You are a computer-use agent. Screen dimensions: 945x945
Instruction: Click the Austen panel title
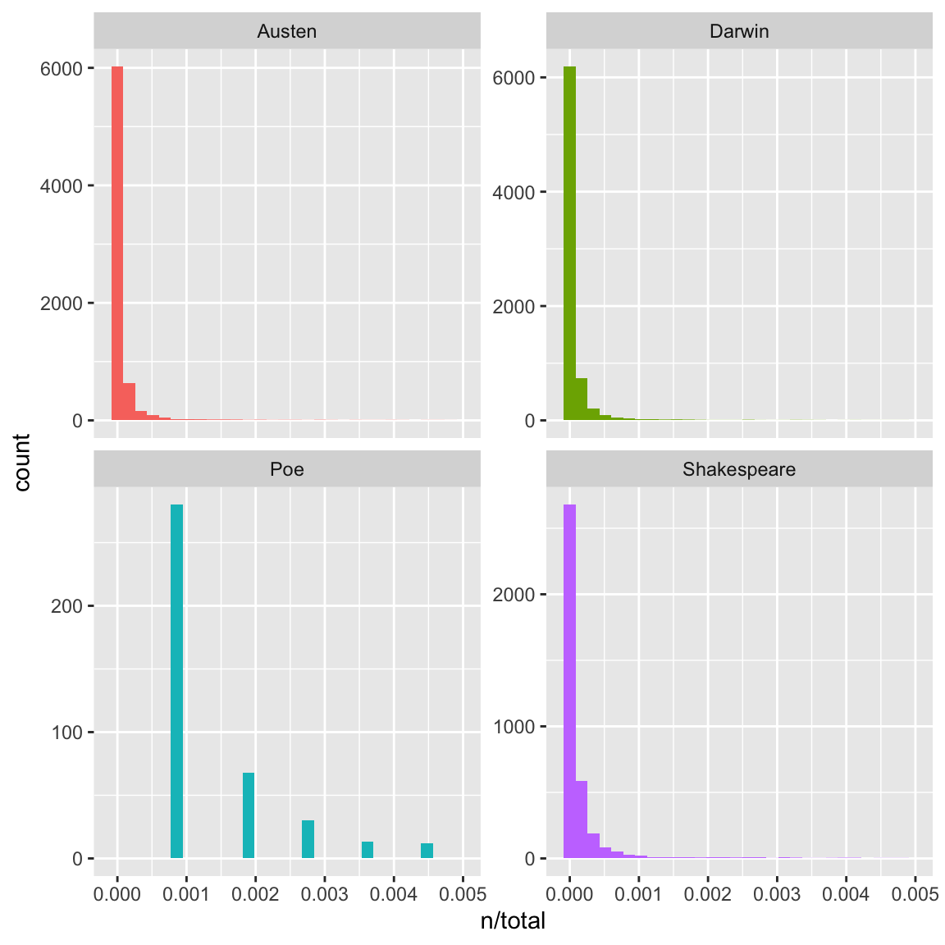[x=286, y=32]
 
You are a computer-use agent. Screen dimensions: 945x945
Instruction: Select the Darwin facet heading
[x=739, y=32]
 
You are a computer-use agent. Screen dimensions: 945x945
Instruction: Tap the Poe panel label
[x=286, y=470]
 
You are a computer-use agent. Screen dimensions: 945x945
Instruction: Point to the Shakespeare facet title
[x=739, y=470]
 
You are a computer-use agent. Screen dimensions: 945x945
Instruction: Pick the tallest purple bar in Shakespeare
[x=569, y=681]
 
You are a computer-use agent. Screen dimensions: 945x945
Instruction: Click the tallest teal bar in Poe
[x=176, y=681]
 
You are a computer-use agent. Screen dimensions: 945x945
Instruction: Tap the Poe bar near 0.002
[x=249, y=815]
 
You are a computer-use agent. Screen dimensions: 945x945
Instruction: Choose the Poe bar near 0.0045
[x=427, y=851]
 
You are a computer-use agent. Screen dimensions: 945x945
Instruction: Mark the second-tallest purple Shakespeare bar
[x=582, y=819]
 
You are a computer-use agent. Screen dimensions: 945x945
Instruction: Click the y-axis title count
[x=22, y=462]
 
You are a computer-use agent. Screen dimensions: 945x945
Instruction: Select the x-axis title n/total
[x=513, y=921]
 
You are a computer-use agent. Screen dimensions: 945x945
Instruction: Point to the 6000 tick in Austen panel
[x=62, y=69]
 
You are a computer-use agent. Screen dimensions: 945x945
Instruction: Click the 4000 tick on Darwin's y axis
[x=514, y=193]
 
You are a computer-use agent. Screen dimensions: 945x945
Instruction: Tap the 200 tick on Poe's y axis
[x=66, y=606]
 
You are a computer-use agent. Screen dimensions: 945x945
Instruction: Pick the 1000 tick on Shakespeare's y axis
[x=514, y=727]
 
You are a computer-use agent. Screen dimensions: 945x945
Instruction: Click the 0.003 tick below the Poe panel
[x=325, y=893]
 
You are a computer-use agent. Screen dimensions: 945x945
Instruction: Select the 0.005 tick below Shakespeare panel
[x=915, y=893]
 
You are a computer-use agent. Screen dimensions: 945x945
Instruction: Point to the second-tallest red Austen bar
[x=129, y=401]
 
